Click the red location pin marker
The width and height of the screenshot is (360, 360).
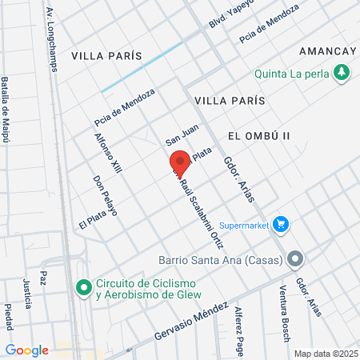pyautogui.click(x=180, y=160)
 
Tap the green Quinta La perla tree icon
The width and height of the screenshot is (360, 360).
pyautogui.click(x=342, y=73)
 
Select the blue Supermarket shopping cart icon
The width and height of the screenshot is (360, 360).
pyautogui.click(x=280, y=224)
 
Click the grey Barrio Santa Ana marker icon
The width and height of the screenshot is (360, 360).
pyautogui.click(x=296, y=258)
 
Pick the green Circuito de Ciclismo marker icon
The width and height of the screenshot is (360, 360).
pyautogui.click(x=83, y=286)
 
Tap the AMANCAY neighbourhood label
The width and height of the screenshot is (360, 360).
pyautogui.click(x=326, y=50)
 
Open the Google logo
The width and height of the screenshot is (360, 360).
pyautogui.click(x=27, y=350)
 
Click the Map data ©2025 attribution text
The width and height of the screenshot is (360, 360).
pyautogui.click(x=326, y=354)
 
